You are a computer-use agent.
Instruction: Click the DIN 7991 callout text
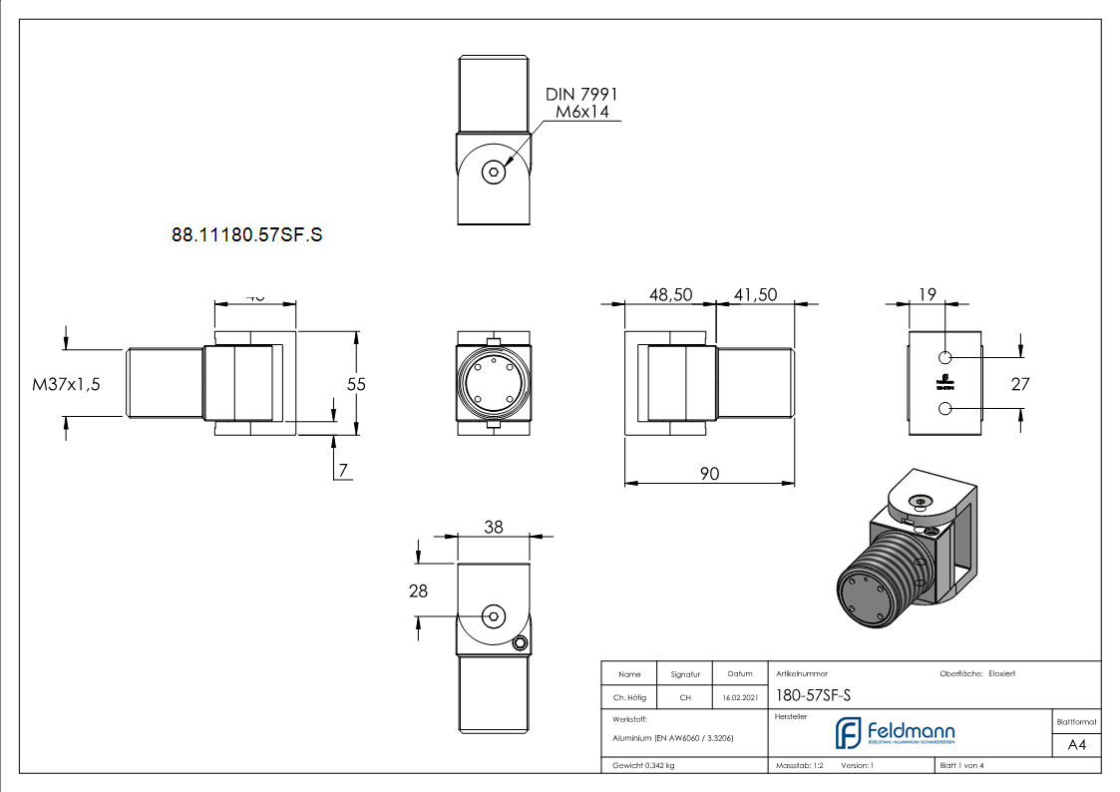point(581,93)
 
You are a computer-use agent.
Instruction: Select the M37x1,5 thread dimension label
point(67,384)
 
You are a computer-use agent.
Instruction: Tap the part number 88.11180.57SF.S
point(247,236)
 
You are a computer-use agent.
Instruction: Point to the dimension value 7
point(343,472)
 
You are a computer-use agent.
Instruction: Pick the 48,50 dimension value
point(670,295)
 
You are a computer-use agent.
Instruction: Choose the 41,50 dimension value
point(755,295)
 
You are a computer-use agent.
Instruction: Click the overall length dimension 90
point(709,474)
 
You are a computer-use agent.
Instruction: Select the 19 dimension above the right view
point(926,294)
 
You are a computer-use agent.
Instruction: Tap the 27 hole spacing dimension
point(1019,384)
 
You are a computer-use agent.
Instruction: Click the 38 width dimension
point(494,529)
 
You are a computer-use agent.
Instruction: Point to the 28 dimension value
point(418,591)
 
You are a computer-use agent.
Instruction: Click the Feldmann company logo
point(895,733)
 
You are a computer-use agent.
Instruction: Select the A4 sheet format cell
point(1076,745)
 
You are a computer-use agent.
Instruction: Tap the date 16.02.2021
point(739,698)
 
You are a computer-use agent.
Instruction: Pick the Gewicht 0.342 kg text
point(643,765)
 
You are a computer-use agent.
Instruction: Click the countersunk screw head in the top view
point(494,172)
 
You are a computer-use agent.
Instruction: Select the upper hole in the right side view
point(945,357)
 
